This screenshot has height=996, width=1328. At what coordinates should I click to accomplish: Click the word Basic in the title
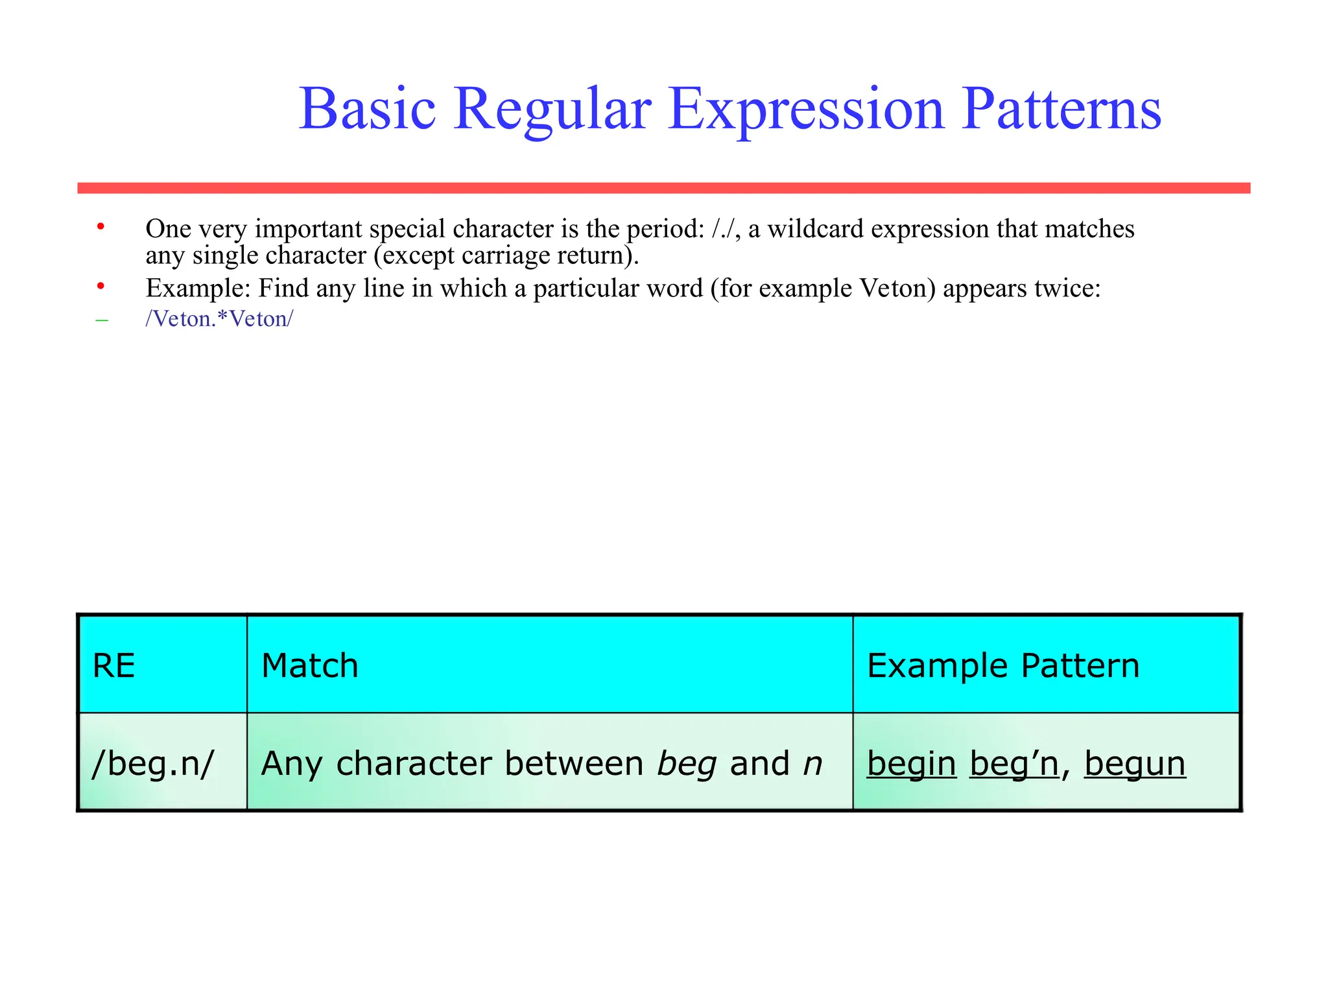pos(367,109)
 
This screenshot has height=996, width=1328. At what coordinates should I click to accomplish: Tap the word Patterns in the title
pos(1061,109)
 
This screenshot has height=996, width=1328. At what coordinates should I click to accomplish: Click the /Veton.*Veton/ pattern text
pos(219,319)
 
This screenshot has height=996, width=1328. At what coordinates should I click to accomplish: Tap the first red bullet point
pos(101,226)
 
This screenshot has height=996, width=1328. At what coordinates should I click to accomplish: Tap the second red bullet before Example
pos(101,285)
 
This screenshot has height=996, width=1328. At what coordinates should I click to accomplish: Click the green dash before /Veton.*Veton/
pos(102,320)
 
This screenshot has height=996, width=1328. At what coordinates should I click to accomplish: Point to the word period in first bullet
pos(663,229)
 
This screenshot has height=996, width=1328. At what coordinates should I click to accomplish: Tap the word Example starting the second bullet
pos(197,288)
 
